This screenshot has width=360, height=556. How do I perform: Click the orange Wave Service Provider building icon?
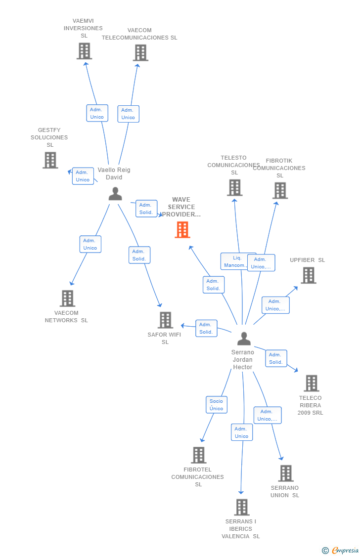point(182,230)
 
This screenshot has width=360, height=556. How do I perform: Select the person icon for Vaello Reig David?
point(115,194)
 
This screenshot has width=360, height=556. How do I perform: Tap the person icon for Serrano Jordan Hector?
point(244,339)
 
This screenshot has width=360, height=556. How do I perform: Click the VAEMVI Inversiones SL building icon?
point(84,51)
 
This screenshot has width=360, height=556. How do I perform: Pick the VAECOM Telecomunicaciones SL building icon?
point(140,53)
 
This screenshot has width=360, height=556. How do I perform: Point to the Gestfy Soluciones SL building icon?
point(50,160)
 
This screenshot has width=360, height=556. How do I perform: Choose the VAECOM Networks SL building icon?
point(67,299)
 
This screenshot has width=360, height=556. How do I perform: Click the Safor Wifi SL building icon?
point(165,320)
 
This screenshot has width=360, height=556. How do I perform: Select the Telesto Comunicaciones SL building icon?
point(234,188)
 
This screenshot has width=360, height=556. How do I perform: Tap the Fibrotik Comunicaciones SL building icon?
point(280,190)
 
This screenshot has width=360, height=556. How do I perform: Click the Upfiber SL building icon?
point(308,275)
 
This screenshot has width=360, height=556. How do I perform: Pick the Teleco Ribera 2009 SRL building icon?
point(311,383)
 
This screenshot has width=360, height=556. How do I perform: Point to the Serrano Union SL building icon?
point(285,473)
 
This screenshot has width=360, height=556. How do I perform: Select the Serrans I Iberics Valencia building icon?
point(241,507)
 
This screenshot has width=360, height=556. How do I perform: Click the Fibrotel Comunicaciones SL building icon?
point(198,455)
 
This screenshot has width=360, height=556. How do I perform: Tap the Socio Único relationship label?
point(216,405)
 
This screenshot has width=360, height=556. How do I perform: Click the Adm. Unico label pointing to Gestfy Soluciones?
point(83,176)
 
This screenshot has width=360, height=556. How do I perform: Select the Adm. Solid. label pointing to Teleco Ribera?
point(276,358)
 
